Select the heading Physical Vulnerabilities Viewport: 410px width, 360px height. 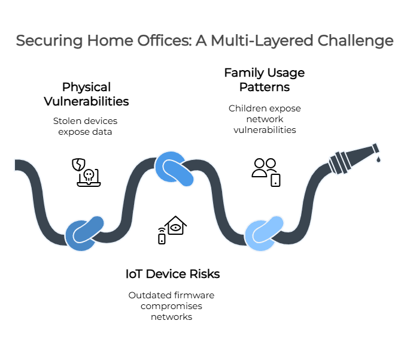(x=87, y=94)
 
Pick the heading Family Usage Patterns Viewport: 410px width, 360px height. (x=264, y=80)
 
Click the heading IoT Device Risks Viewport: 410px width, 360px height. (x=172, y=274)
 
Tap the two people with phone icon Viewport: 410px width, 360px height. (x=265, y=171)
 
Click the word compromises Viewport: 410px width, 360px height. (x=172, y=305)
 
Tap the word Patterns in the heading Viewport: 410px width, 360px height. (x=265, y=87)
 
